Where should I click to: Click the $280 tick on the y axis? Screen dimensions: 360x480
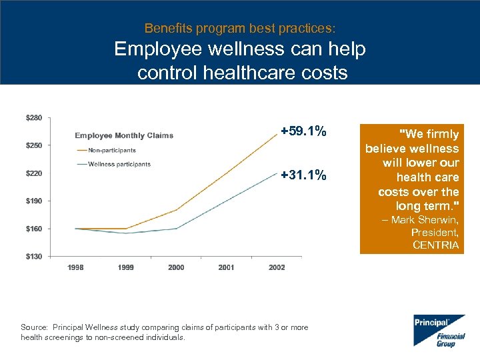point(33,118)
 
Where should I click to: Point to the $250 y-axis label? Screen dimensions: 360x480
point(33,145)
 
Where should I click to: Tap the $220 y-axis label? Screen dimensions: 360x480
point(33,173)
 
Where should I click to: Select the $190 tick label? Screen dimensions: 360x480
point(33,201)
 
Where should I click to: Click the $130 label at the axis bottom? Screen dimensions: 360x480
point(33,256)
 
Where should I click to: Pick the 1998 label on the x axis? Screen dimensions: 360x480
point(75,267)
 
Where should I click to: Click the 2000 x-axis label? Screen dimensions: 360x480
point(176,267)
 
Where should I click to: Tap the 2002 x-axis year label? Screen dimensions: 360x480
point(277,267)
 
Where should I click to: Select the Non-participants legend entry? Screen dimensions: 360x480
point(111,150)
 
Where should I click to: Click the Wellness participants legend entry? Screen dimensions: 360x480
point(119,164)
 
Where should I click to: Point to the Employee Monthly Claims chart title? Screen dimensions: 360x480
point(124,135)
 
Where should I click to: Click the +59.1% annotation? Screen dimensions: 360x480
point(303,131)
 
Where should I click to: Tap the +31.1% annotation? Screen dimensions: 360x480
point(303,175)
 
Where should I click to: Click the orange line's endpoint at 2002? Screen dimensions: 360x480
point(277,134)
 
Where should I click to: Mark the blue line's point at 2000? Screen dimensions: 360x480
point(176,228)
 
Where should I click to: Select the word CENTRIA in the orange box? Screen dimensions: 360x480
point(435,245)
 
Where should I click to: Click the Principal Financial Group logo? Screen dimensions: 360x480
point(439,330)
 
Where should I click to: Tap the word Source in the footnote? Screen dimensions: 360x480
point(33,327)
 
